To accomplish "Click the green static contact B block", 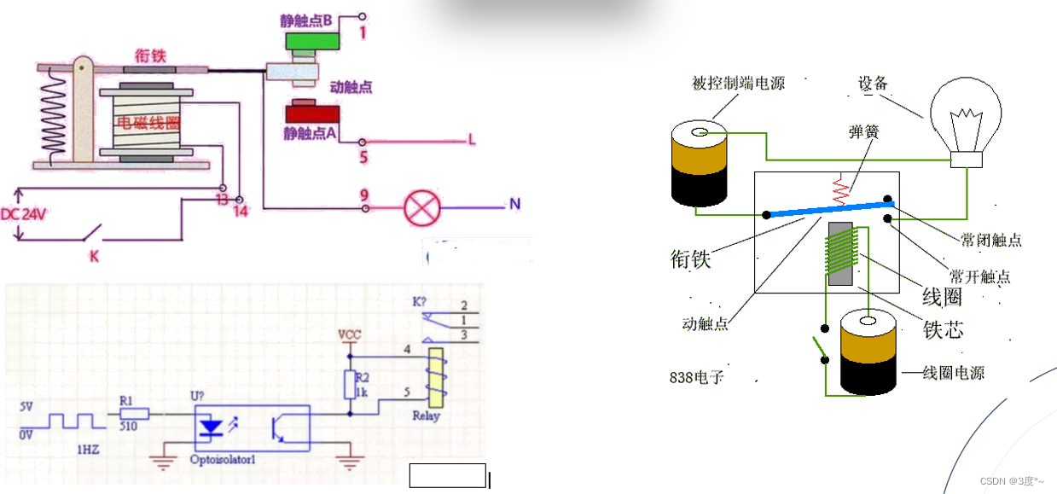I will tap(310, 39).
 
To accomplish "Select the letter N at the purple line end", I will tap(514, 204).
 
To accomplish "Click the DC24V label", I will tap(23, 214).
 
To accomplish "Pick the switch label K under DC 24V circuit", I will tap(94, 255).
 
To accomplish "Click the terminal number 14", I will tap(241, 210).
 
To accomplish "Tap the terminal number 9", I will tap(363, 195).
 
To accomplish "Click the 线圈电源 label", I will tap(955, 373).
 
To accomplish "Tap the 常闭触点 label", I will tap(991, 241).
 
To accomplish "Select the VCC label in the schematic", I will tap(350, 334).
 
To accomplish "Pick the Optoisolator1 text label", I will tap(225, 461).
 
